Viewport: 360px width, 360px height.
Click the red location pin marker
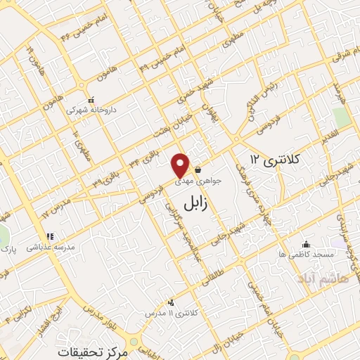[181, 165]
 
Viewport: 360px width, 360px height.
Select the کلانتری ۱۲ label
[274, 161]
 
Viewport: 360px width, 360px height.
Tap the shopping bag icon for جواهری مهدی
[199, 169]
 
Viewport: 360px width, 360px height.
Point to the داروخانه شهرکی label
[88, 110]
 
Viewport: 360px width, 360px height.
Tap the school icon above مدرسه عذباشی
[49, 237]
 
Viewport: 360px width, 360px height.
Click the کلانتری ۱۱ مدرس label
[172, 311]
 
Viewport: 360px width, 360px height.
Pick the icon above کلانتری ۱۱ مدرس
[171, 302]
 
